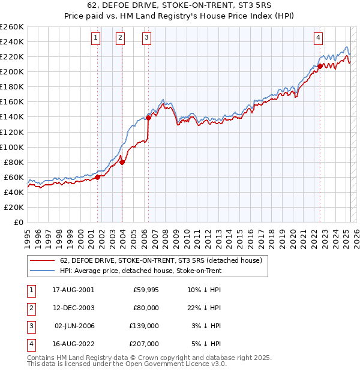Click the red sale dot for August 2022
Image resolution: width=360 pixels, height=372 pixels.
point(320,66)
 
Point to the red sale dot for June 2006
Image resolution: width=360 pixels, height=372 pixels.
point(149,118)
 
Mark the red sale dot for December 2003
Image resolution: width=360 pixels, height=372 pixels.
point(122,162)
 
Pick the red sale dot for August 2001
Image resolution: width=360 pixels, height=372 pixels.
point(98,177)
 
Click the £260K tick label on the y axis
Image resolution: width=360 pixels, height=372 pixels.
point(11,27)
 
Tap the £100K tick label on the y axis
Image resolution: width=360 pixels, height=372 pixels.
point(11,147)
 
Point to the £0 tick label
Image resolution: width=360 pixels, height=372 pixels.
point(17,222)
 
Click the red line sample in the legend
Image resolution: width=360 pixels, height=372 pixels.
point(42,261)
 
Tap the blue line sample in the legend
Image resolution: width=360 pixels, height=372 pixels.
point(42,271)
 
